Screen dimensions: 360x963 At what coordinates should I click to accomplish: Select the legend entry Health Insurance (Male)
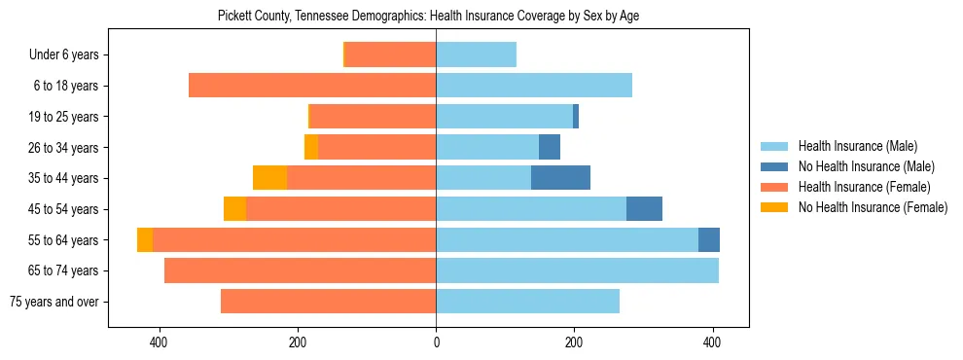pyautogui.click(x=857, y=146)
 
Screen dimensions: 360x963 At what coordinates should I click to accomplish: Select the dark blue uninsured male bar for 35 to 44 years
pyautogui.click(x=560, y=178)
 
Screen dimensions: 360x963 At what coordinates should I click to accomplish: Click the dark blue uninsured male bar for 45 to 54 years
pyautogui.click(x=644, y=209)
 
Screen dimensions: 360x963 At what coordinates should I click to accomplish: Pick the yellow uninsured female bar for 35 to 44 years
pyautogui.click(x=269, y=178)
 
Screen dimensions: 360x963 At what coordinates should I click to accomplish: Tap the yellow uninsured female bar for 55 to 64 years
pyautogui.click(x=145, y=240)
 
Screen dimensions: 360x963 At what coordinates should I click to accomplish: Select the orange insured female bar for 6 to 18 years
pyautogui.click(x=312, y=86)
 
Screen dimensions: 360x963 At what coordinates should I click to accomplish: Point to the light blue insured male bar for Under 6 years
pyautogui.click(x=476, y=55)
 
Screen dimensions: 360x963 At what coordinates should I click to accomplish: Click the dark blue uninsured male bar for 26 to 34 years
pyautogui.click(x=550, y=148)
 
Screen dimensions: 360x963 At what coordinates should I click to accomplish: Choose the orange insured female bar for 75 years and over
pyautogui.click(x=328, y=302)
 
